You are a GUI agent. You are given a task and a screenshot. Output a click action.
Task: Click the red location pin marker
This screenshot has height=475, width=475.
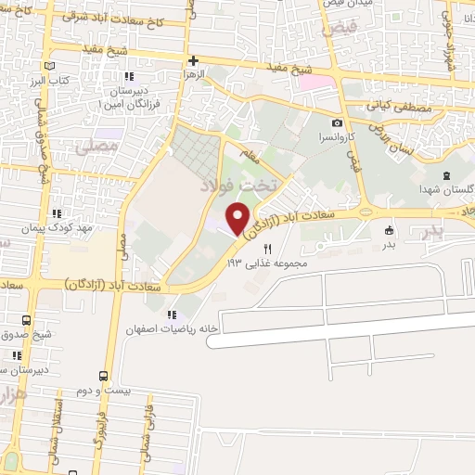(237, 219)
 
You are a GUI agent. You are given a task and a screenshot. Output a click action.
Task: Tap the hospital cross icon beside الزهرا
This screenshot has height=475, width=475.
(193, 60)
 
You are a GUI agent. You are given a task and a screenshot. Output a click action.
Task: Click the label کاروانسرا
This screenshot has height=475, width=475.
(334, 136)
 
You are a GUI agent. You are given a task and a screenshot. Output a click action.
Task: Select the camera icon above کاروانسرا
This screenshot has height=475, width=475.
(336, 122)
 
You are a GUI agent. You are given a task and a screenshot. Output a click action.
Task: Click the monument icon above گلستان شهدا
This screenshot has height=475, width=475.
(447, 176)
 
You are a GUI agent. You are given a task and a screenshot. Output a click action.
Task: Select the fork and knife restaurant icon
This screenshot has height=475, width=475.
(269, 249)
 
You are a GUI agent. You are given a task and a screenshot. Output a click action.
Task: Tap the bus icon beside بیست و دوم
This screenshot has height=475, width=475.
(102, 376)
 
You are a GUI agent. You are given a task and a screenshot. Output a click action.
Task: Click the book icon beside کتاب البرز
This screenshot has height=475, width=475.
(50, 66)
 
